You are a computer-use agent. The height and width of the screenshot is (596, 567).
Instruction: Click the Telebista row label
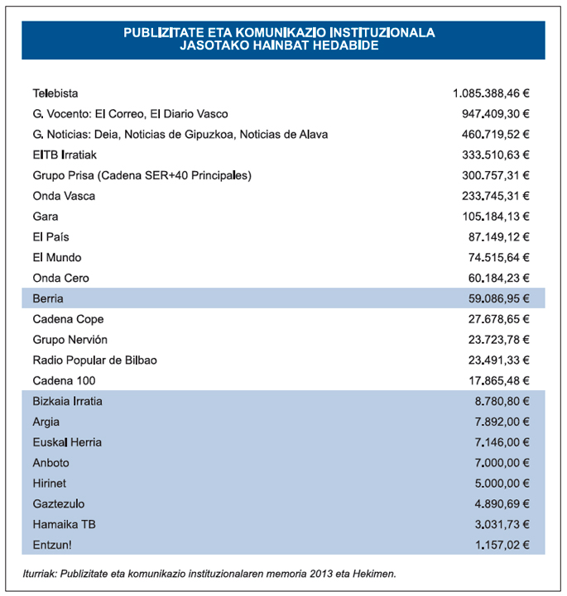[55, 93]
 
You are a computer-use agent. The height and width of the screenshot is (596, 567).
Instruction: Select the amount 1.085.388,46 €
[491, 93]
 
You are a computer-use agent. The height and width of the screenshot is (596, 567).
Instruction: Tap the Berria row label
[48, 298]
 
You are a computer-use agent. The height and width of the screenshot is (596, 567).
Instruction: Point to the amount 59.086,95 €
[496, 298]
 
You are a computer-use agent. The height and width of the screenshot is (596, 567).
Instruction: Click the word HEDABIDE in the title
[338, 45]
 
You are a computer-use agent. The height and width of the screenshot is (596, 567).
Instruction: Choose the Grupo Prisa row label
[142, 175]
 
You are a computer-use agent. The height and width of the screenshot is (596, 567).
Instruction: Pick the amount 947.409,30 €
[495, 114]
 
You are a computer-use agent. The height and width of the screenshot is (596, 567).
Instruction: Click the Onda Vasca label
[64, 196]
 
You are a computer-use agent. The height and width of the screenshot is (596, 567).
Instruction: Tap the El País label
[50, 237]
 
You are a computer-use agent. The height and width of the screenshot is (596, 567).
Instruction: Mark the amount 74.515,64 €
[498, 257]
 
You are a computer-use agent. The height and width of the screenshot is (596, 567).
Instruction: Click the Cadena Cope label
[68, 319]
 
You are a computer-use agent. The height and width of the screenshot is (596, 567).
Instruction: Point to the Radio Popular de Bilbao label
[94, 360]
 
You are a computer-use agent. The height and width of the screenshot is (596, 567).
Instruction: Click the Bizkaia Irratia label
[68, 401]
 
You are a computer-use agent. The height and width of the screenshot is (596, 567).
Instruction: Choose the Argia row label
[46, 422]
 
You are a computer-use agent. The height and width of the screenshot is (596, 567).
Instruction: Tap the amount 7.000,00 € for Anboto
[502, 462]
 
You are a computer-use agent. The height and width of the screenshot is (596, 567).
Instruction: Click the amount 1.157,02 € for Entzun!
[502, 545]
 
